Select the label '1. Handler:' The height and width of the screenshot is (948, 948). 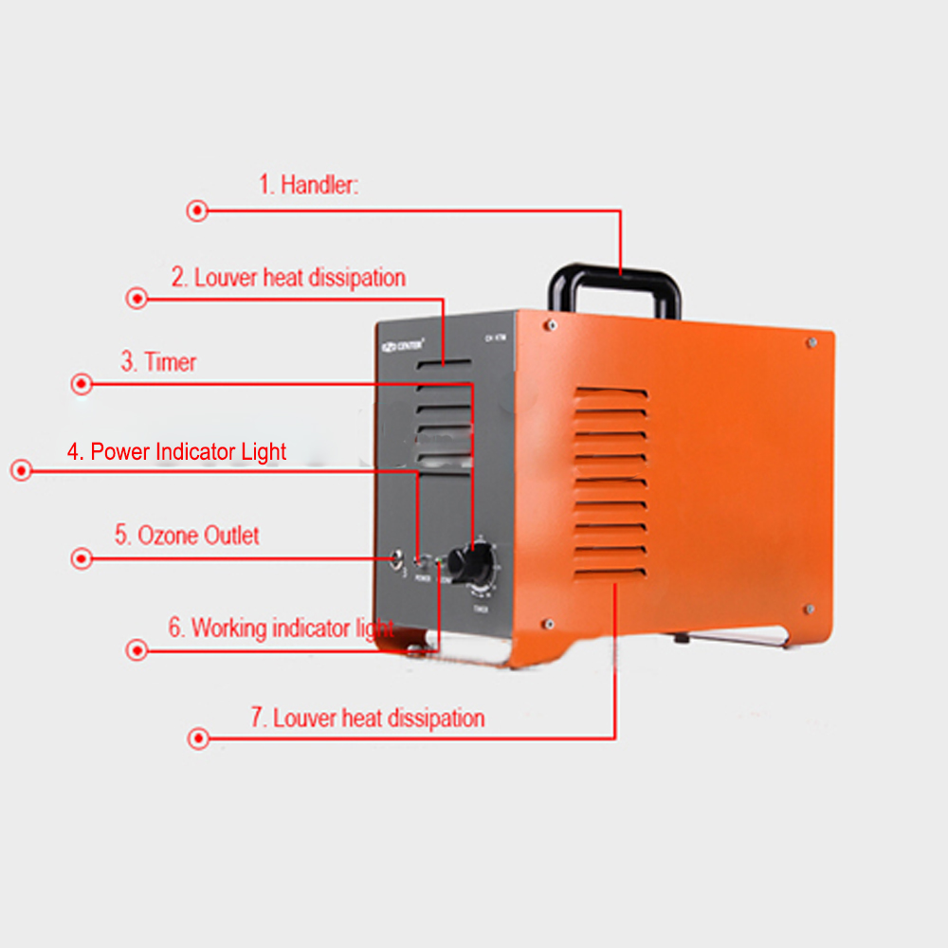point(309,184)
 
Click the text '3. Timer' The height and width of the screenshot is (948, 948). point(158,362)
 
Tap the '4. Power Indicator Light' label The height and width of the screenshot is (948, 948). point(176,452)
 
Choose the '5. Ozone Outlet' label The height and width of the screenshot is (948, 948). point(187,536)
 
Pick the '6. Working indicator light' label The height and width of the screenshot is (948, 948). point(281,628)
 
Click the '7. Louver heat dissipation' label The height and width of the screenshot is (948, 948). point(367,718)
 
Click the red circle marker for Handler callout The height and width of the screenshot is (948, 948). point(197,211)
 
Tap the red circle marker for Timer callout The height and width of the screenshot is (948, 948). point(82,384)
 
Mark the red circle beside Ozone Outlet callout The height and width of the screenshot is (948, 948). point(82,558)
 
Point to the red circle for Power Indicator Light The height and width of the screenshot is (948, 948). point(21,469)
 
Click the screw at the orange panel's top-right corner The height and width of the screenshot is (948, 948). point(811,342)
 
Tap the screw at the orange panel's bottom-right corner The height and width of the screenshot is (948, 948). point(809,609)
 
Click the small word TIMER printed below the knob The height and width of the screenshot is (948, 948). point(483,611)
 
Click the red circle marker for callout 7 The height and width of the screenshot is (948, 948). point(198,738)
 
